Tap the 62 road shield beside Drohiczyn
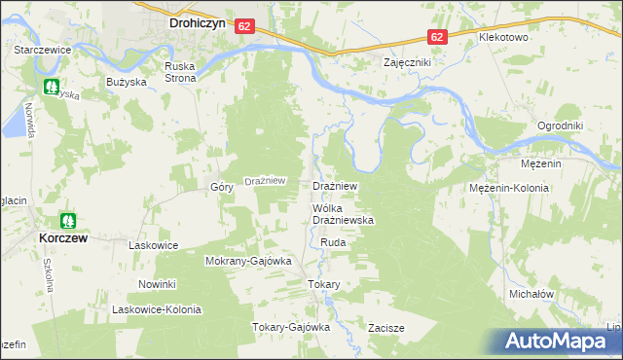point(244,29)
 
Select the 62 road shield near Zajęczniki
point(437,37)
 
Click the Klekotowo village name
point(502,37)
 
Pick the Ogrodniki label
point(560,126)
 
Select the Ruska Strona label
point(180,72)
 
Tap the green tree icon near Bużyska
point(52,86)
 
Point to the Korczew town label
point(66,236)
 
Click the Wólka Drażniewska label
point(343,215)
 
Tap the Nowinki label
point(156,284)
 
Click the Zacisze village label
point(385,328)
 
